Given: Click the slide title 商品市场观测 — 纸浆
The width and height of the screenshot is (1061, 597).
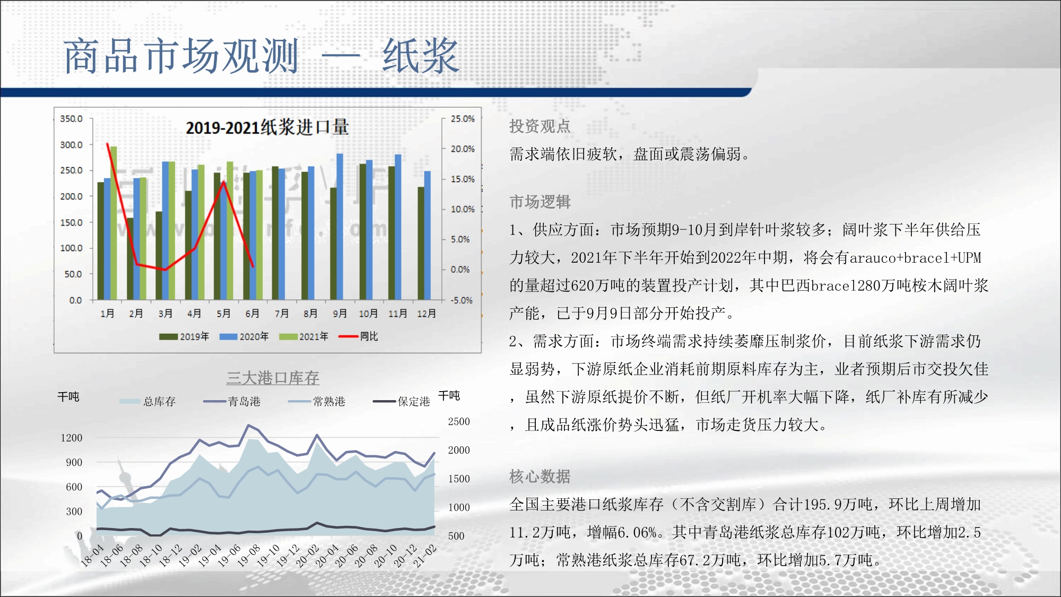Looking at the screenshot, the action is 261,56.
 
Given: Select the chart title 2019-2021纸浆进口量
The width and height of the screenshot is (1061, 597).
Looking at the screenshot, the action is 267,127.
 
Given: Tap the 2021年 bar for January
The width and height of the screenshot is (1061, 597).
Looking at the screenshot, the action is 114,223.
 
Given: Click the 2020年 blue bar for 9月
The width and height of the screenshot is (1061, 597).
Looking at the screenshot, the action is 340,227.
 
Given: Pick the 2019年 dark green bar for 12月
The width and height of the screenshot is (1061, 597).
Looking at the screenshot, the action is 421,243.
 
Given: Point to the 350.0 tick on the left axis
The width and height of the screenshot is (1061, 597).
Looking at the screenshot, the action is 71,119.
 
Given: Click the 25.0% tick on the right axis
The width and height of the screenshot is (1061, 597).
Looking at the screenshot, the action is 463,119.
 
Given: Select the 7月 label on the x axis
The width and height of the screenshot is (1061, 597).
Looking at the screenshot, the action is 281,314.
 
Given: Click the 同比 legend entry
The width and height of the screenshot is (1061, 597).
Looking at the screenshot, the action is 359,336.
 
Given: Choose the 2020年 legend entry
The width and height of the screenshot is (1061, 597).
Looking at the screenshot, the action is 244,336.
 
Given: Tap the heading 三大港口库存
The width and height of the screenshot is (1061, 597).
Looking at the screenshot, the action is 273,378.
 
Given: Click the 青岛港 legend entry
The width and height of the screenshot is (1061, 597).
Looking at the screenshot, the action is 232,402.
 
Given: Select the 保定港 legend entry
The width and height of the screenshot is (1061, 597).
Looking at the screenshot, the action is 402,402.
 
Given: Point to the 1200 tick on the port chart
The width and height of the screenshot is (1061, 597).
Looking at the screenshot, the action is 72,438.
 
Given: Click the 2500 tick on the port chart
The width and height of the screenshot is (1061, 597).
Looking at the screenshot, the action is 459,422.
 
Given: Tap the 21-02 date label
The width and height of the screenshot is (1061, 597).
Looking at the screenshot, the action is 425,556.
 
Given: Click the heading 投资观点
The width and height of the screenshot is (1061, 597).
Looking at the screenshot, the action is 540,126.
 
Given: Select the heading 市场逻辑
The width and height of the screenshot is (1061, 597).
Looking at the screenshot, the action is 540,202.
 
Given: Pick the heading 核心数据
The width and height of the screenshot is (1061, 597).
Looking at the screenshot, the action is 540,477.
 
